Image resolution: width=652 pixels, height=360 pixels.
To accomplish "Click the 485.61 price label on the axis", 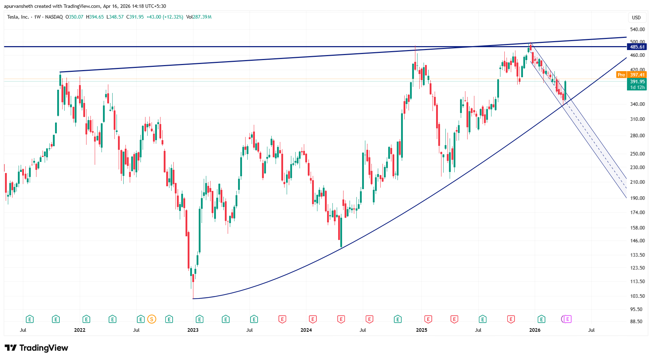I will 637,47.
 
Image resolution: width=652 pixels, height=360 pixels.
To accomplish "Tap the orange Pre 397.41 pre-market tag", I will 632,75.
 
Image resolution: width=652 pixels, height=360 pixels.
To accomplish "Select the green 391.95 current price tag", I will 637,82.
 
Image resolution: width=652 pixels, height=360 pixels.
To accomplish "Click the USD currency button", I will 636,18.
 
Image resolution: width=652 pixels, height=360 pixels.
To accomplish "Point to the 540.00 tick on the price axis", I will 637,29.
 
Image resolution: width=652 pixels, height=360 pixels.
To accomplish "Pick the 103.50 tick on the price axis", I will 637,296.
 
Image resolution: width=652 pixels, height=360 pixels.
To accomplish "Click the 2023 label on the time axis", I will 193,330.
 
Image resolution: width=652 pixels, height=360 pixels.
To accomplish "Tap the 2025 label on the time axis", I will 421,330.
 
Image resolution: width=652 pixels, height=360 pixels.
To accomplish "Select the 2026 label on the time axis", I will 535,330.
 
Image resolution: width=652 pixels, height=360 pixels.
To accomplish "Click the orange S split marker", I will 152,319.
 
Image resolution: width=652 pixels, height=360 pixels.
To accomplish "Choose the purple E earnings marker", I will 567,319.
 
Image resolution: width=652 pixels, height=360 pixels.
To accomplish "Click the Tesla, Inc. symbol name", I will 18,17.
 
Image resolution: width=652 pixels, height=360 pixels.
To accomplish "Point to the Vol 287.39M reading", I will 199,17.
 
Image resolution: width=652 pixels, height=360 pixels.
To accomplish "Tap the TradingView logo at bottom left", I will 36,348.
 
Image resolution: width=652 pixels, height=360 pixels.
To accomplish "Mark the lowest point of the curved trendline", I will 193,299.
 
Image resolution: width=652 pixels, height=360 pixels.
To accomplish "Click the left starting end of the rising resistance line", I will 60,72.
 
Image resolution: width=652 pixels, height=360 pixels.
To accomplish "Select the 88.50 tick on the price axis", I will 637,321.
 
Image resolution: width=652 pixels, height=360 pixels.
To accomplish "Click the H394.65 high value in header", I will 95,17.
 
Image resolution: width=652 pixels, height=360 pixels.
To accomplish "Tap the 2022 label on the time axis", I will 80,330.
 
